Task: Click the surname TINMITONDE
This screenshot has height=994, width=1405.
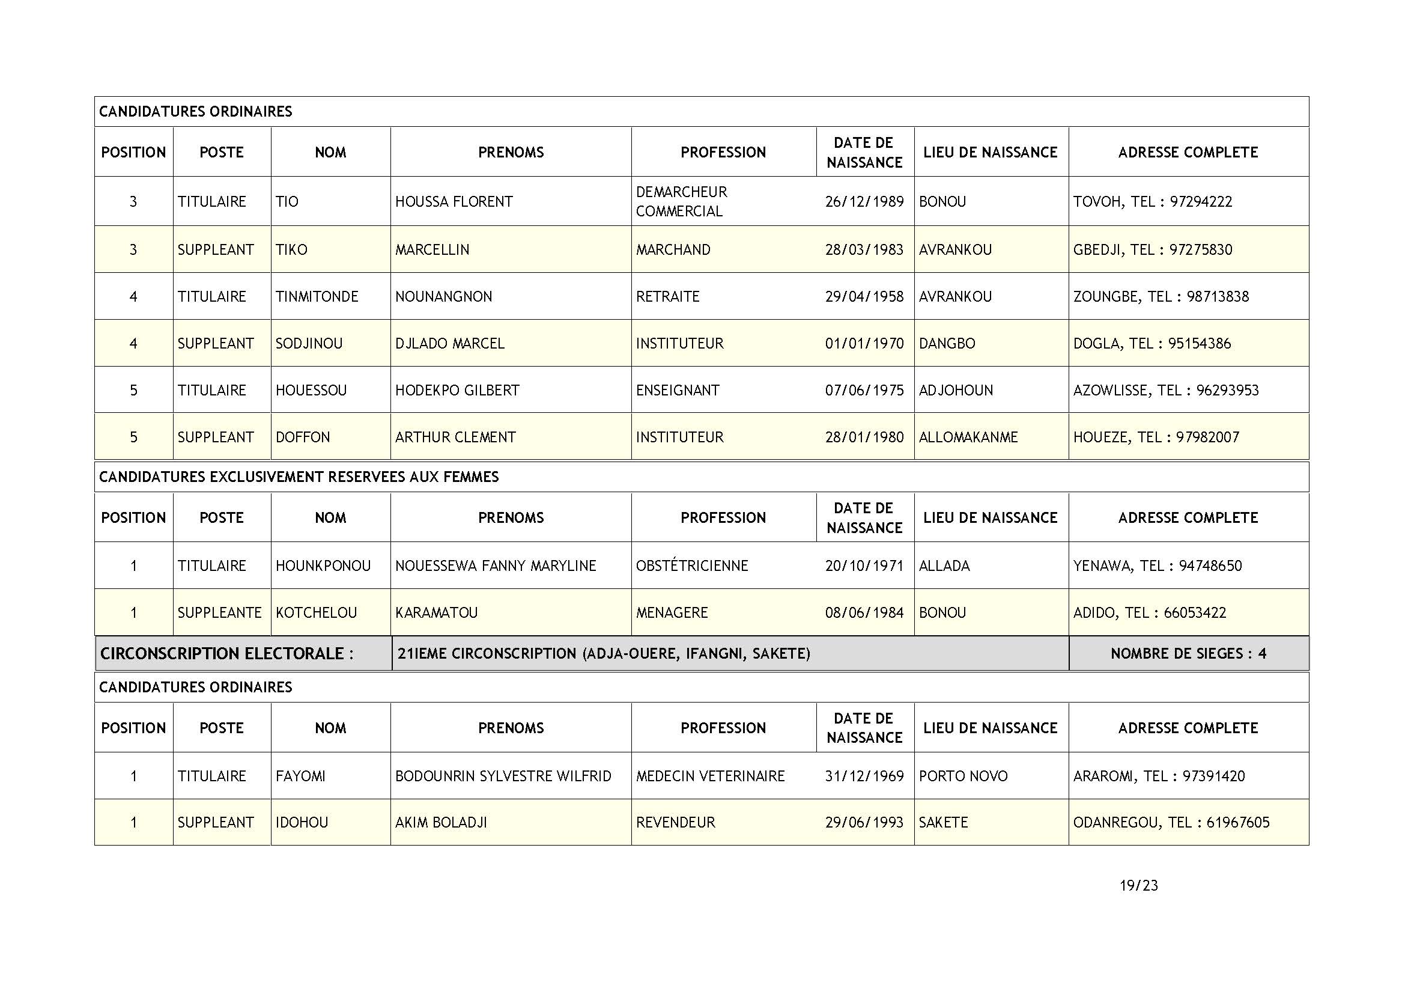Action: (x=317, y=297)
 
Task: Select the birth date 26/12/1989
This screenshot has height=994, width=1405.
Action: (x=864, y=202)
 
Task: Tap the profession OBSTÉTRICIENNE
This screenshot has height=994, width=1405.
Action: (x=691, y=566)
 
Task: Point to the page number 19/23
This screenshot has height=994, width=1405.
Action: (x=1138, y=886)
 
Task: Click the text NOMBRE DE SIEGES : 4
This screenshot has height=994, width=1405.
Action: (x=1188, y=654)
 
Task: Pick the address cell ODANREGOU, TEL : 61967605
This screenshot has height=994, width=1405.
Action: (x=1171, y=823)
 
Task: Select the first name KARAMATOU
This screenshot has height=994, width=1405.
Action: (x=436, y=612)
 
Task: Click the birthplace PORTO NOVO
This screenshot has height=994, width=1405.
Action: (x=962, y=776)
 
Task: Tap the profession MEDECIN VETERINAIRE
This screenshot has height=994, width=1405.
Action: (x=710, y=776)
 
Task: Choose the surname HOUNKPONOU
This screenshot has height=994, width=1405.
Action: (x=323, y=566)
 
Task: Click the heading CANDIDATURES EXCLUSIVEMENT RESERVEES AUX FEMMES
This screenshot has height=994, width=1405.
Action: (x=299, y=477)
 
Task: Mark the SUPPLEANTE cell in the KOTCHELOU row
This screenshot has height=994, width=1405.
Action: (x=219, y=612)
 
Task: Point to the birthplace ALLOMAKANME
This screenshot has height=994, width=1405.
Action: (x=968, y=437)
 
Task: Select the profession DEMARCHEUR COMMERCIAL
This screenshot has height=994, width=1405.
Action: (x=681, y=201)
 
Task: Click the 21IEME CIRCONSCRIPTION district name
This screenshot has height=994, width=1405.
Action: (x=603, y=654)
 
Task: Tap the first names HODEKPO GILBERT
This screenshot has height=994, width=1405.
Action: (x=457, y=391)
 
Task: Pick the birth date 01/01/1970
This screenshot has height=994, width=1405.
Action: (x=864, y=343)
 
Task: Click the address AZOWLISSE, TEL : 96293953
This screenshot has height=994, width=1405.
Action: (x=1166, y=391)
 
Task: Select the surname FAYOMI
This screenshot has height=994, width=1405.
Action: (x=300, y=776)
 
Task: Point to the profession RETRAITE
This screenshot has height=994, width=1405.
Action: (x=667, y=297)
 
